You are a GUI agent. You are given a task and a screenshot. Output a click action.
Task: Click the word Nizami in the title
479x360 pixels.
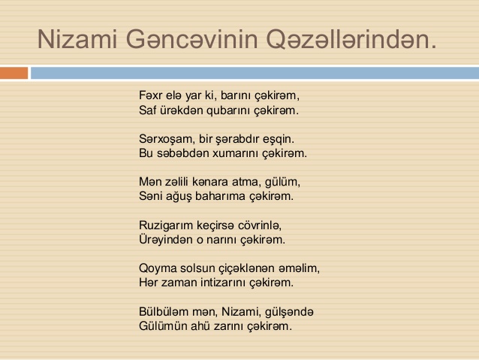pyautogui.click(x=77, y=39)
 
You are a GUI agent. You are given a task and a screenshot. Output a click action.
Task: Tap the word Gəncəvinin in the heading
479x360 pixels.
pyautogui.click(x=192, y=39)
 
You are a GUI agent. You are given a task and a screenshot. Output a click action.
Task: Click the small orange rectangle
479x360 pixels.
pyautogui.click(x=14, y=73)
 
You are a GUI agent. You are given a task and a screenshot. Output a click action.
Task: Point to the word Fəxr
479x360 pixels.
pyautogui.click(x=150, y=95)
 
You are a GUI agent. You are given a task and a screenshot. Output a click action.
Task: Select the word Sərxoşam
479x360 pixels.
pyautogui.click(x=167, y=139)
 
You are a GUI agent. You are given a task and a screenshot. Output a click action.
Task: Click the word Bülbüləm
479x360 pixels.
pyautogui.click(x=164, y=312)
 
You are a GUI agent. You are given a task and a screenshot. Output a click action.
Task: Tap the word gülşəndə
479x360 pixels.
pyautogui.click(x=289, y=313)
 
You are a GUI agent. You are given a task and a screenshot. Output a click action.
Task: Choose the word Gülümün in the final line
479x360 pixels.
pyautogui.click(x=163, y=326)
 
